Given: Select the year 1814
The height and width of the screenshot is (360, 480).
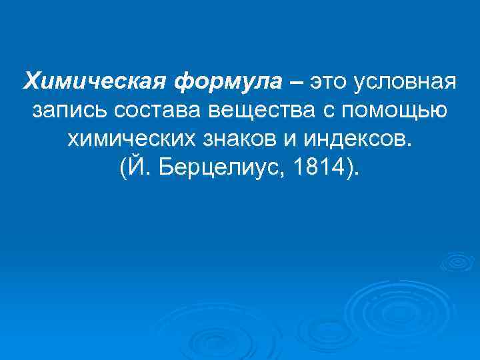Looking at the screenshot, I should pyautogui.click(x=324, y=167).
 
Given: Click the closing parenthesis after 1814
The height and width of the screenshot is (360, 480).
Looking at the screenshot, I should pyautogui.click(x=351, y=168).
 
